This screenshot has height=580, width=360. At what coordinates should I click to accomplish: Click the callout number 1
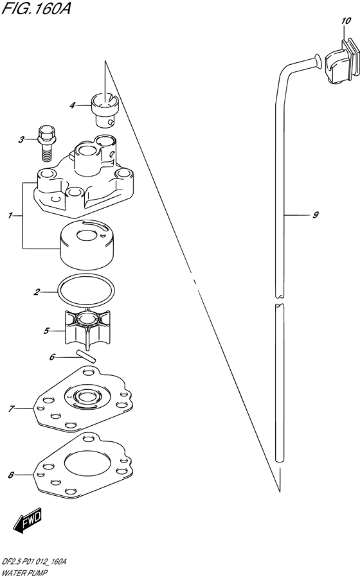10,216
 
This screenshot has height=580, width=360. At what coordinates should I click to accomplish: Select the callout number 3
21,139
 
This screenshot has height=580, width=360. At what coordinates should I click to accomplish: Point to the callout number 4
72,106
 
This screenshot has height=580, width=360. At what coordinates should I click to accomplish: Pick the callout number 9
316,215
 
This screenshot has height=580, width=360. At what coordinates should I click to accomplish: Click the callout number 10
346,21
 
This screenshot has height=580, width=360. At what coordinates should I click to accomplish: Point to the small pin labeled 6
86,355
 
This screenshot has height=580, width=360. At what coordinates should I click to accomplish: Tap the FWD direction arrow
28,521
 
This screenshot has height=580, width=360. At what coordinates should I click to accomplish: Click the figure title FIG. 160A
36,8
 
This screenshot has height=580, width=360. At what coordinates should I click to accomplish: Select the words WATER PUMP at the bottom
24,574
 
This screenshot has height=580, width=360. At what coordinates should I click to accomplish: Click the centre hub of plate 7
85,398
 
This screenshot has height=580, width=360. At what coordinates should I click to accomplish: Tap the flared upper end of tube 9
317,60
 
